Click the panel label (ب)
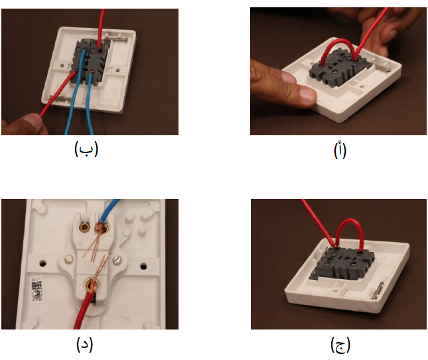point(86,149)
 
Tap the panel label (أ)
point(339,150)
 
